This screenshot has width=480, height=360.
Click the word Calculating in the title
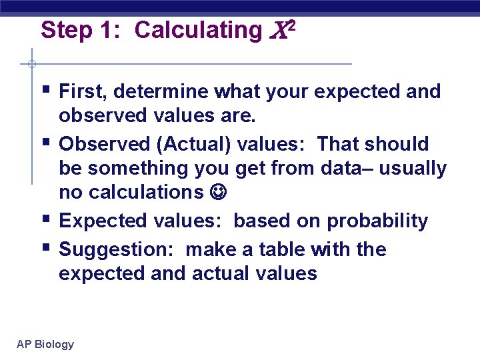198,30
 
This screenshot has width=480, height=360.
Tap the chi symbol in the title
277,31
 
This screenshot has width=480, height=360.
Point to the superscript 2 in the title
291,25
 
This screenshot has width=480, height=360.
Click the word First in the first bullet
83,91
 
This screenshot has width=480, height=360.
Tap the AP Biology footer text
45,344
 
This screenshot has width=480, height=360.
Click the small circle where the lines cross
31,65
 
